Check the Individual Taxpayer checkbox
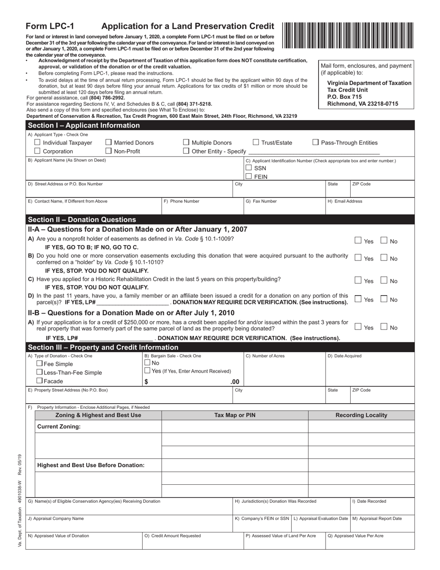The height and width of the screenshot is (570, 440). click(38, 143)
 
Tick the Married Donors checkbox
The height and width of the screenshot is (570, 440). click(109, 143)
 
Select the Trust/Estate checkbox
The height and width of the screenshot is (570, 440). click(256, 143)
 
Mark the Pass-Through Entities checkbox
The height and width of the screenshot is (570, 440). click(315, 143)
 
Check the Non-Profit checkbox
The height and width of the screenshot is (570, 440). click(109, 151)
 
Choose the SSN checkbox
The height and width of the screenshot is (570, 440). click(249, 168)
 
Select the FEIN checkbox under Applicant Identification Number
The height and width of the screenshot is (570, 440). click(249, 176)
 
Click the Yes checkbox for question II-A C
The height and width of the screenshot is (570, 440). click(358, 280)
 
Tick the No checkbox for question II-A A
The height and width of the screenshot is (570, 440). click(384, 241)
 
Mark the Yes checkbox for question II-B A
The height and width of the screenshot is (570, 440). click(358, 327)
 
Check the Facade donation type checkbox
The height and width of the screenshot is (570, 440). click(39, 381)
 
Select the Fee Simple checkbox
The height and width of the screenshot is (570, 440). click(39, 364)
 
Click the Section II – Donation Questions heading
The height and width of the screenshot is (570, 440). click(82, 220)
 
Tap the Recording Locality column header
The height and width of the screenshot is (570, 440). click(361, 415)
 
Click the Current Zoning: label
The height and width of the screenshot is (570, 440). click(59, 426)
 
